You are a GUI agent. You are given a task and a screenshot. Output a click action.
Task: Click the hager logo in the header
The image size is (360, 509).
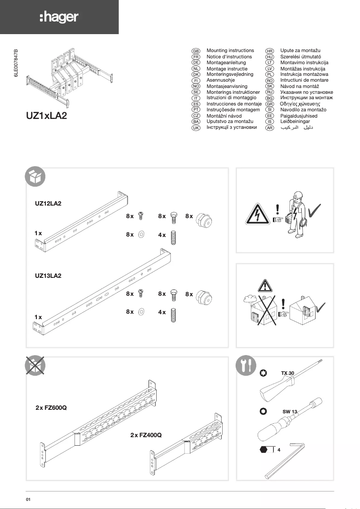pyautogui.click(x=59, y=18)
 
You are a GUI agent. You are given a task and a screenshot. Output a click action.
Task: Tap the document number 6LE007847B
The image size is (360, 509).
pyautogui.click(x=17, y=65)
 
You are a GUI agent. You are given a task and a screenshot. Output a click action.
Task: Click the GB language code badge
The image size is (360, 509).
pyautogui.click(x=196, y=51)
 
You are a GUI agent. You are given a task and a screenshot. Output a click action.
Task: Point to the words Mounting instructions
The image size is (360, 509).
pyautogui.click(x=230, y=51)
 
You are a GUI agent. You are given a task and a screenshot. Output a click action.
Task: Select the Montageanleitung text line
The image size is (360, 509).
pyautogui.click(x=226, y=63)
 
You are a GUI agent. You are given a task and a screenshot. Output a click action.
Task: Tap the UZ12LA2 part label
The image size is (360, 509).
pyautogui.click(x=48, y=203)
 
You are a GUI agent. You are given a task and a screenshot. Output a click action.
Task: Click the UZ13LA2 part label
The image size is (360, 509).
pyautogui.click(x=48, y=276)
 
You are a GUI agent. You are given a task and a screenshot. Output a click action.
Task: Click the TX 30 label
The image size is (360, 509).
pyautogui.click(x=288, y=373)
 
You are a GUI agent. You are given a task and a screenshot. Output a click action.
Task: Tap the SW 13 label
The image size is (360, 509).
pyautogui.click(x=290, y=411)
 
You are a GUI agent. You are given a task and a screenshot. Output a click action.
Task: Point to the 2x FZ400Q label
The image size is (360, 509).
pyautogui.click(x=146, y=435)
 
